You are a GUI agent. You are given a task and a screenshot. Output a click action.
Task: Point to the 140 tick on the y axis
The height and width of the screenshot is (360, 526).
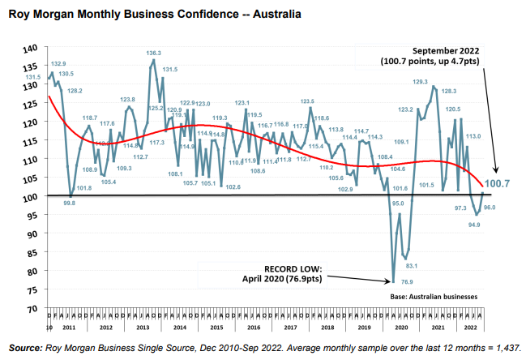(x=30, y=47)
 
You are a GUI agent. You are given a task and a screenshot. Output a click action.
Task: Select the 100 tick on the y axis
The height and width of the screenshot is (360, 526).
(x=30, y=196)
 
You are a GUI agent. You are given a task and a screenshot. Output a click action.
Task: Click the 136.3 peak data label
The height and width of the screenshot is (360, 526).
(x=154, y=53)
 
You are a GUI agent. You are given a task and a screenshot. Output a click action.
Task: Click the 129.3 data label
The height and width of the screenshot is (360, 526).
(x=420, y=81)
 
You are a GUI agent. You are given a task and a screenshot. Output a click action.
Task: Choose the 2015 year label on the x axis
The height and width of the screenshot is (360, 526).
(x=216, y=327)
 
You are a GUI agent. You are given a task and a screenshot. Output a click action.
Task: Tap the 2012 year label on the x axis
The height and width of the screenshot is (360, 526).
(x=106, y=327)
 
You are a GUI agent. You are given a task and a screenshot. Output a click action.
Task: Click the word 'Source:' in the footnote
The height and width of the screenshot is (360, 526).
(x=25, y=348)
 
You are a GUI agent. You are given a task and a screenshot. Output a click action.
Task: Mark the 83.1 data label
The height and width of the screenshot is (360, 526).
(x=411, y=266)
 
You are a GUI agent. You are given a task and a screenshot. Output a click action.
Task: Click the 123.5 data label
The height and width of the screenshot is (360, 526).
(x=307, y=101)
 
